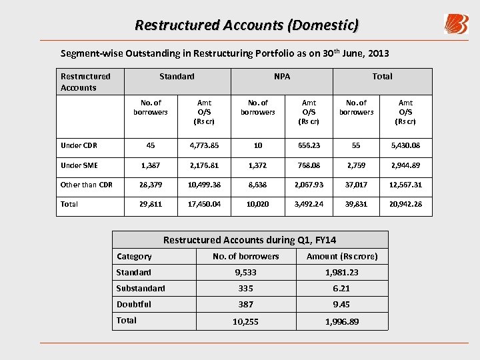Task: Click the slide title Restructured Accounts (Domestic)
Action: click(x=247, y=25)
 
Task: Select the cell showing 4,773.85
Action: click(x=204, y=145)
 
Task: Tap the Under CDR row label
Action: click(x=79, y=145)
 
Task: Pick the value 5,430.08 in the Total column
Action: click(x=405, y=145)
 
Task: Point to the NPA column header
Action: click(x=282, y=77)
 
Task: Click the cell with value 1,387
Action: click(x=151, y=165)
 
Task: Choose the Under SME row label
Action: click(x=79, y=165)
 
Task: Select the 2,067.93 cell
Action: click(x=309, y=185)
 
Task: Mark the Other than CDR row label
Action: click(x=87, y=185)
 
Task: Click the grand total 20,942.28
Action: click(x=405, y=204)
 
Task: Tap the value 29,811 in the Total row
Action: click(x=151, y=204)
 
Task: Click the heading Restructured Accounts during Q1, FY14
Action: click(x=249, y=240)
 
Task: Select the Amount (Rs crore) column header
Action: click(x=342, y=257)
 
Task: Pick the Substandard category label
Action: click(x=141, y=288)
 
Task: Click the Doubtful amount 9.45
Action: click(x=341, y=304)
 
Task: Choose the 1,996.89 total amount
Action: click(x=341, y=321)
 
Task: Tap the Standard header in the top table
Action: click(x=177, y=77)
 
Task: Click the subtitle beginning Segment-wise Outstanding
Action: click(x=225, y=53)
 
